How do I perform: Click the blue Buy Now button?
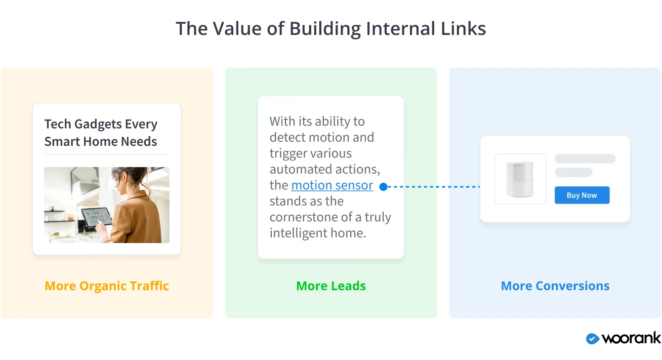point(582,195)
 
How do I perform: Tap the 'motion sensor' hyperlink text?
point(332,185)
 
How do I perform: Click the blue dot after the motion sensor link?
point(383,187)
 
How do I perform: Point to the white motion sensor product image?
point(520,179)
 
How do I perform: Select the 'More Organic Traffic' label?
point(107,286)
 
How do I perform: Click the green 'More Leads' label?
point(331,286)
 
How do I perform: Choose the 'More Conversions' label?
point(555,286)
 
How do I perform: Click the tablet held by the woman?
point(96,217)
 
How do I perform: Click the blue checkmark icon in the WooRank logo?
point(592,339)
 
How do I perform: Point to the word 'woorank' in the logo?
point(631,339)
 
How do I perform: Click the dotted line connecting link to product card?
point(433,187)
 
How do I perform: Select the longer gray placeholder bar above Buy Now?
point(585,158)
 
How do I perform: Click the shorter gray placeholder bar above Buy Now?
point(573,172)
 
